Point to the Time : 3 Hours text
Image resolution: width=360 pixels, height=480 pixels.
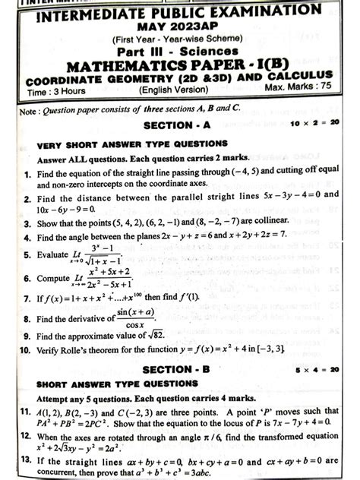[52, 90]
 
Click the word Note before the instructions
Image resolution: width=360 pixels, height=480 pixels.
[28, 109]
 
